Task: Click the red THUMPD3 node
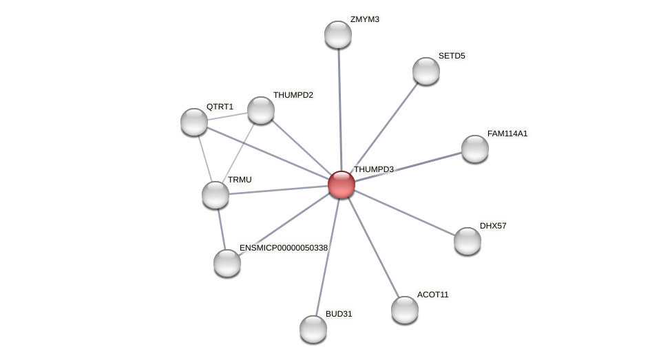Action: [x=341, y=184]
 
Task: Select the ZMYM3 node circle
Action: [x=338, y=34]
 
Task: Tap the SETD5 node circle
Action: [x=426, y=71]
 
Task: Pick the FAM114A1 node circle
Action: [x=475, y=149]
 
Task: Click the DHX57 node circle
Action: [x=468, y=241]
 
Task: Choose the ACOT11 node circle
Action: [x=405, y=310]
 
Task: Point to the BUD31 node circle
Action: [x=313, y=329]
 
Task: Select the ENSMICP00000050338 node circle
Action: [x=227, y=263]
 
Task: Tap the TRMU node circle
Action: [x=216, y=195]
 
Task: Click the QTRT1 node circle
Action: [x=194, y=122]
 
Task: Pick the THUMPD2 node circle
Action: [x=261, y=110]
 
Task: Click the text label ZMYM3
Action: [x=364, y=19]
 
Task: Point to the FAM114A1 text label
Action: [x=507, y=134]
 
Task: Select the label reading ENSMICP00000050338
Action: [x=283, y=248]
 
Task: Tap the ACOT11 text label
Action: [x=432, y=295]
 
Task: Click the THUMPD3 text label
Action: [x=373, y=169]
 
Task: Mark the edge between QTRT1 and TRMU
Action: [x=204, y=158]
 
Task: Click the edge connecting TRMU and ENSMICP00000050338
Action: [x=221, y=229]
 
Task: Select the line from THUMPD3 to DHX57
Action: [x=404, y=213]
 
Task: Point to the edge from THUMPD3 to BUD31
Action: [x=327, y=257]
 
